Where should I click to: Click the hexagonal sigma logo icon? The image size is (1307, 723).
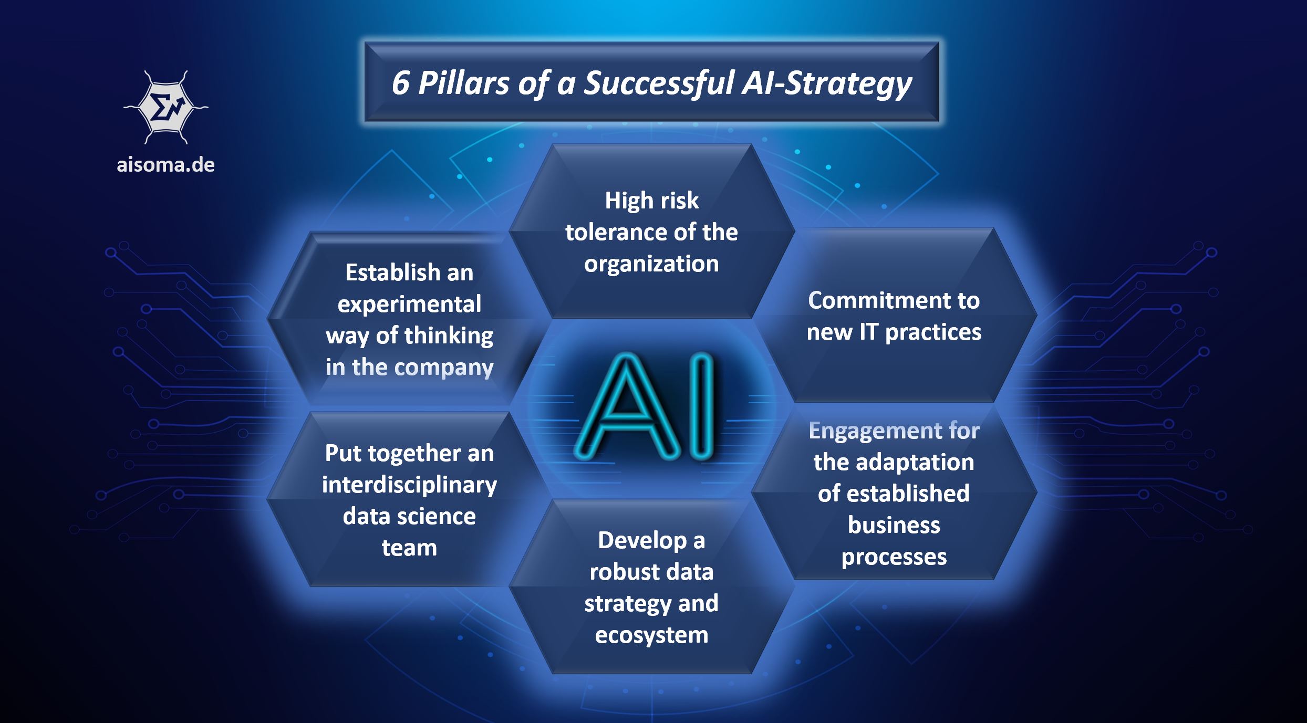(x=165, y=108)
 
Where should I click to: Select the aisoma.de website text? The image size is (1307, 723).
(x=165, y=165)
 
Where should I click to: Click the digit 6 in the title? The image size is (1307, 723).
(x=400, y=83)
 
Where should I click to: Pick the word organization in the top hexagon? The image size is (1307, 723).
(x=651, y=264)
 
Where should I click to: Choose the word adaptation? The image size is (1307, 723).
(x=915, y=462)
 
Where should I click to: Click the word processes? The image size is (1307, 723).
(x=894, y=557)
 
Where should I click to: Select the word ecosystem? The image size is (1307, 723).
(x=651, y=635)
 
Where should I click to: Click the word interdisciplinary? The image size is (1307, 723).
(x=409, y=485)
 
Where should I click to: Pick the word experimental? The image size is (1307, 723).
(x=409, y=304)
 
